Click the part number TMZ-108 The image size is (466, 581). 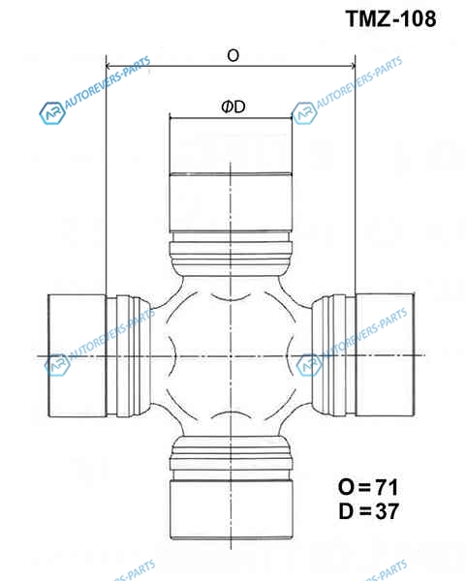[x=391, y=18]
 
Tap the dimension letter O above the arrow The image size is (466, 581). [x=233, y=55]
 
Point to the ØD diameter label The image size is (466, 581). [x=233, y=107]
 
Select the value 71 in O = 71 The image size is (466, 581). [x=387, y=487]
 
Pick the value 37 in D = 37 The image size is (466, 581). [x=387, y=511]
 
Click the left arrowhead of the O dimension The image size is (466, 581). [x=109, y=66]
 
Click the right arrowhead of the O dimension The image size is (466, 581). [x=353, y=66]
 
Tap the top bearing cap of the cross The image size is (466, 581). [x=231, y=174]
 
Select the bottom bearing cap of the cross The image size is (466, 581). [x=232, y=509]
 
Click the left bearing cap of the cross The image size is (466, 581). [x=78, y=355]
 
